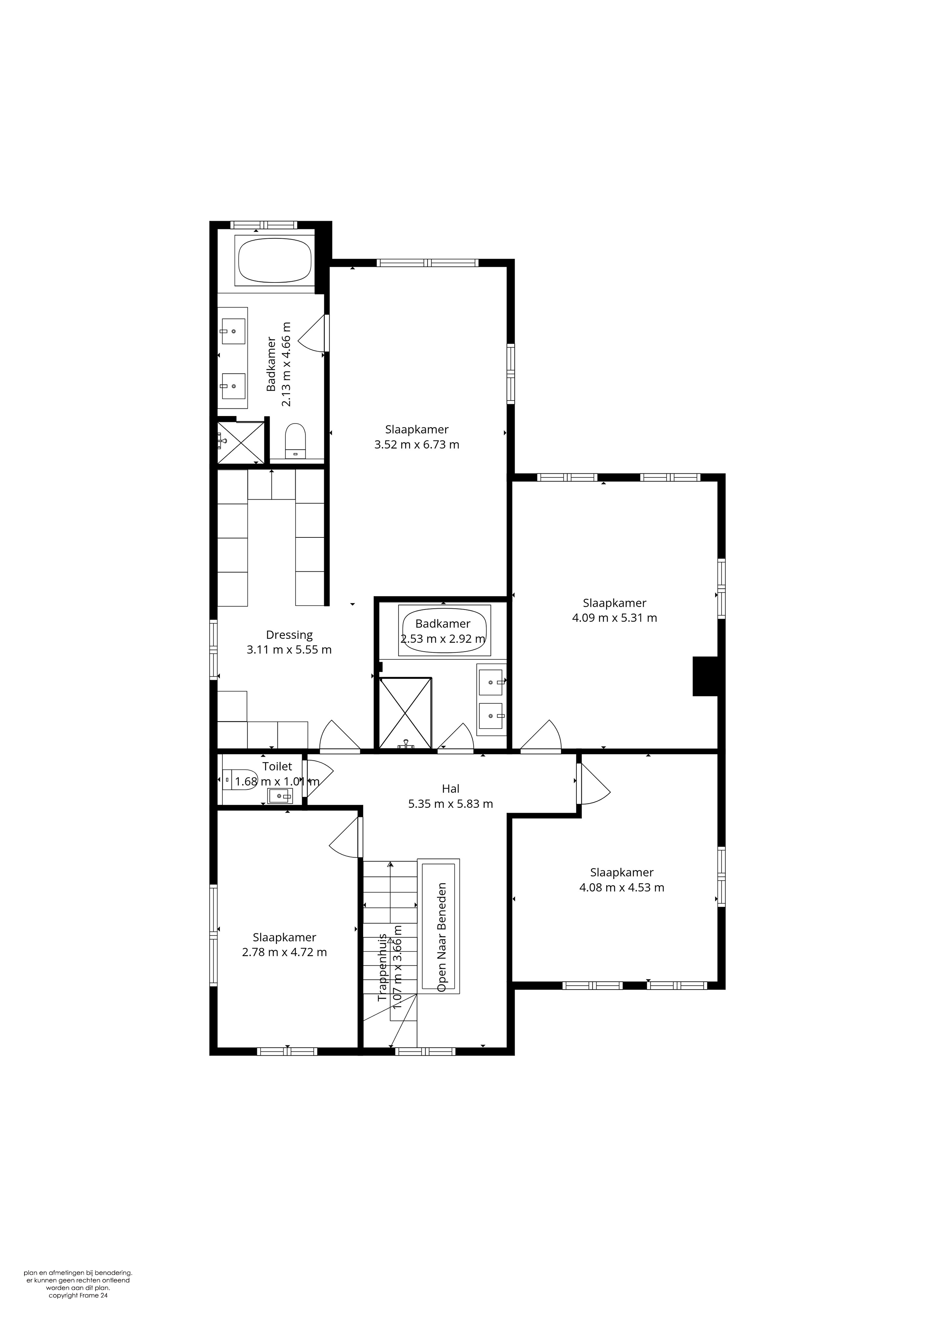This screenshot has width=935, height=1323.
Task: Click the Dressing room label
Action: [x=289, y=635]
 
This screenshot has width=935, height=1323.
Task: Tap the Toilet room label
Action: [x=277, y=766]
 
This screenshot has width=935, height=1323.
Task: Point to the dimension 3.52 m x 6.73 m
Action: [x=417, y=444]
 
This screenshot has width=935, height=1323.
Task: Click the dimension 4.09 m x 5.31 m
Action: [x=614, y=618]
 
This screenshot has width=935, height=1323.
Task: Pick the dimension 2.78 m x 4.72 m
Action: [x=285, y=953]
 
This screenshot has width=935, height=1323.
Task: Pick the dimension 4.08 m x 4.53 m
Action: [x=622, y=887]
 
